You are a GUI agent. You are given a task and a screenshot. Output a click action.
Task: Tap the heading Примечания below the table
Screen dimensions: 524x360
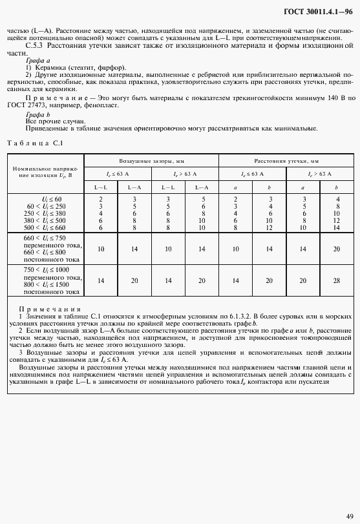pyautogui.click(x=50, y=309)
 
